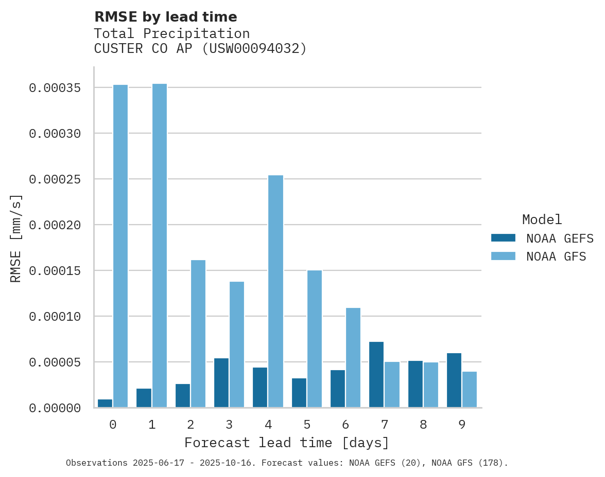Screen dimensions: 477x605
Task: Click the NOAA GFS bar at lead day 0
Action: (x=120, y=246)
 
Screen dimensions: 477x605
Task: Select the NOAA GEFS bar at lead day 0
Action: (x=105, y=403)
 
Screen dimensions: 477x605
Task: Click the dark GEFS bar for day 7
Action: (x=376, y=375)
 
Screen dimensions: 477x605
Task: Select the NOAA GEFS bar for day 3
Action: (x=221, y=383)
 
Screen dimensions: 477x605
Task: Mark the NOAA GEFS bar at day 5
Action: (x=299, y=393)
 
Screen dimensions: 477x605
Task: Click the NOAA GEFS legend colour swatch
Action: (x=503, y=238)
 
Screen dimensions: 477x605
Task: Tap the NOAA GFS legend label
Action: (x=556, y=256)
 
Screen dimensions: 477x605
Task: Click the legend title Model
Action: (x=542, y=220)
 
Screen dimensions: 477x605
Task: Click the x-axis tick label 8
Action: (x=423, y=425)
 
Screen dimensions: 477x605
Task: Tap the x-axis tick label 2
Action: (x=191, y=425)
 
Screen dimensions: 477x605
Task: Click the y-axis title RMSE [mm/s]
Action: (x=16, y=238)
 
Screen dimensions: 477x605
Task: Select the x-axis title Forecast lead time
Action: (x=287, y=443)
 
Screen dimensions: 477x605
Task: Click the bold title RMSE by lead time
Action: (x=165, y=17)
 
